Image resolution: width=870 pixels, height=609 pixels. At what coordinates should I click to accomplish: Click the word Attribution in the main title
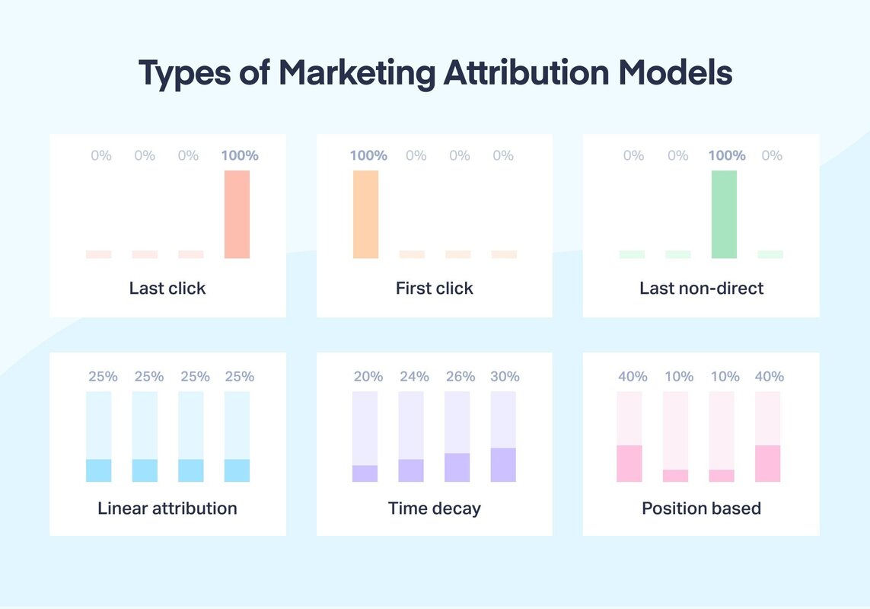527,73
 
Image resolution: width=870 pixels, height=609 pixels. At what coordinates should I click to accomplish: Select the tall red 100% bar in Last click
237,215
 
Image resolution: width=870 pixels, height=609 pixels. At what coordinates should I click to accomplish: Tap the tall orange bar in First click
365,215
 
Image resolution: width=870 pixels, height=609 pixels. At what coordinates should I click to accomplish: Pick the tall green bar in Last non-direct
724,215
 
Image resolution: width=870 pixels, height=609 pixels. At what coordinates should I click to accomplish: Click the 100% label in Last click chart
240,155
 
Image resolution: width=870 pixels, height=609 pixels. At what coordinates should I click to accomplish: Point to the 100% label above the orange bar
368,155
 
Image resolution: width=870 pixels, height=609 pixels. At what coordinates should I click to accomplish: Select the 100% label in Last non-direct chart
727,155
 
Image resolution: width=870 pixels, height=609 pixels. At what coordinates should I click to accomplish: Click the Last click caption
167,289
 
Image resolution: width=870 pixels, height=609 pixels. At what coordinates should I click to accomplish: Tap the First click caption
435,289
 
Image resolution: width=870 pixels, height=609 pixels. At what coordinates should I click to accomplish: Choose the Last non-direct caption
701,289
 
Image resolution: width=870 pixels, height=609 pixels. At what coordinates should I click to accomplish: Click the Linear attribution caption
167,508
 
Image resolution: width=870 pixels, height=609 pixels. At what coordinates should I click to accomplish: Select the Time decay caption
435,508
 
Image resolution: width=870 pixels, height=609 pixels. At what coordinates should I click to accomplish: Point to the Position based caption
701,508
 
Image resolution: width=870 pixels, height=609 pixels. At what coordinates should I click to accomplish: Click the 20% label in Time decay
368,376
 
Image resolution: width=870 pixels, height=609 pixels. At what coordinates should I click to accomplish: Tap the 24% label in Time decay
414,376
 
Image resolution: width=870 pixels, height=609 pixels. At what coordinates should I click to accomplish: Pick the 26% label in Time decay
460,376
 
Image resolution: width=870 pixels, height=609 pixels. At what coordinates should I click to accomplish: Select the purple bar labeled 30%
503,464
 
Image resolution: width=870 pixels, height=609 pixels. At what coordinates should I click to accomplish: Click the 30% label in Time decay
505,376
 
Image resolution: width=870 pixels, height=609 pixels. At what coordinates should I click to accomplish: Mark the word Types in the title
184,73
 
